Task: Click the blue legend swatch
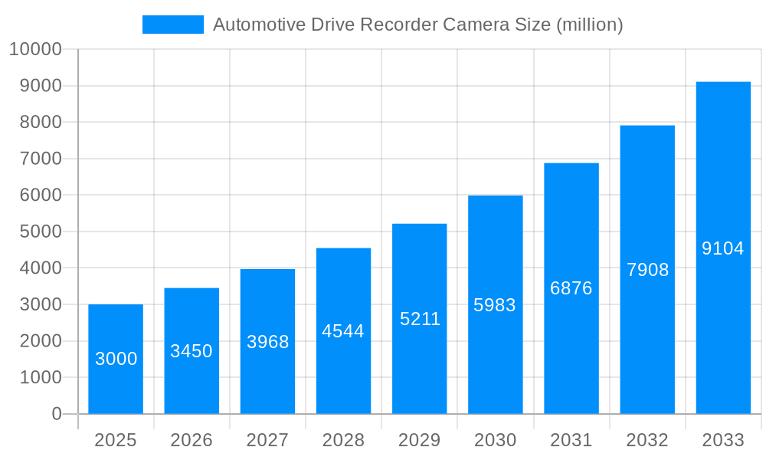tap(172, 25)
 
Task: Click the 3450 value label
tap(191, 351)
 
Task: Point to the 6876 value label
tap(571, 288)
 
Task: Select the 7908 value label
tap(647, 270)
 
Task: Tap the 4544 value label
tap(343, 331)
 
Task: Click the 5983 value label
tap(495, 305)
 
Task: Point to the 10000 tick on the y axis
tap(35, 49)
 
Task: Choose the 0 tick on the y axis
tap(57, 414)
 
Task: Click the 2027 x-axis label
tap(267, 440)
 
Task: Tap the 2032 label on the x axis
tap(647, 440)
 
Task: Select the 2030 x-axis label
tap(495, 440)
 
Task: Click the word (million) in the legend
tap(589, 25)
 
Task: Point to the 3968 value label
tap(267, 342)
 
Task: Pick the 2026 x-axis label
tap(191, 440)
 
